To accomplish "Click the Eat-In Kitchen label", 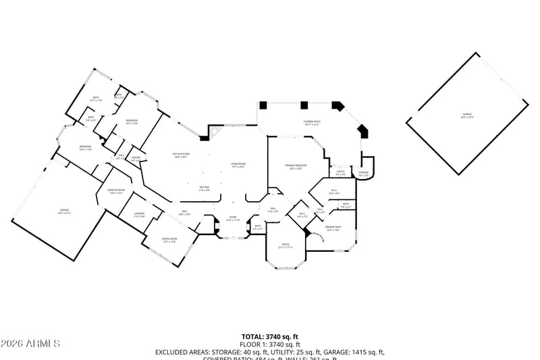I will pyautogui.click(x=182, y=155).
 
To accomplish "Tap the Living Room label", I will pyautogui.click(x=238, y=165).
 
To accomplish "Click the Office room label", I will pyautogui.click(x=286, y=245).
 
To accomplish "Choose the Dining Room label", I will pyautogui.click(x=169, y=240).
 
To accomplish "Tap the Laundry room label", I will pyautogui.click(x=140, y=215).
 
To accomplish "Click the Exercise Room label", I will pyautogui.click(x=116, y=191).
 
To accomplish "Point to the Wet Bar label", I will pyautogui.click(x=204, y=188).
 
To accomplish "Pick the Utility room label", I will pyautogui.click(x=341, y=173).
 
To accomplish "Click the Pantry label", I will pyautogui.click(x=136, y=159).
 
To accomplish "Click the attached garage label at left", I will pyautogui.click(x=64, y=211).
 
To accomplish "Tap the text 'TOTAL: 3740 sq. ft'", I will pyautogui.click(x=270, y=336).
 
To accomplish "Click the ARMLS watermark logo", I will pyautogui.click(x=30, y=344).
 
